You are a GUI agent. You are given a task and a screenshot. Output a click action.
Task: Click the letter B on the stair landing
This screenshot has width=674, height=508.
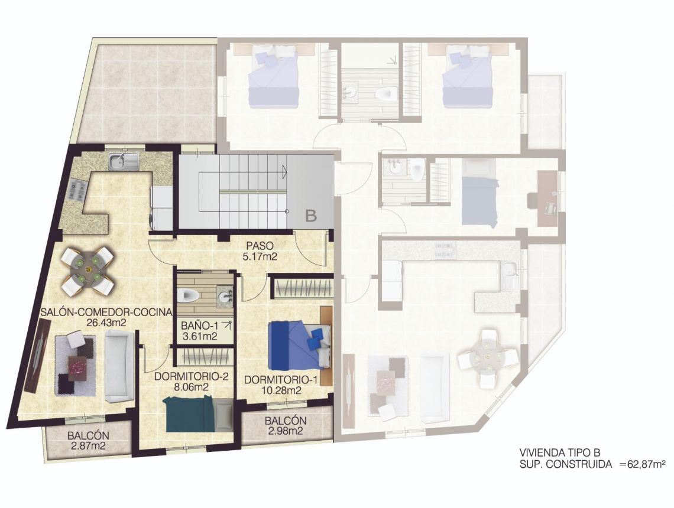click(x=311, y=216)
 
